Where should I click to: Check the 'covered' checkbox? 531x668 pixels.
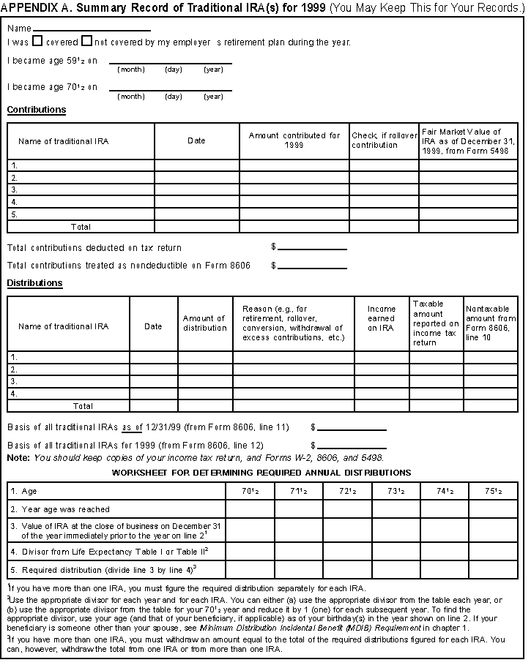pyautogui.click(x=38, y=42)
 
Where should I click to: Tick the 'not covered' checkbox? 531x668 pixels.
pyautogui.click(x=86, y=42)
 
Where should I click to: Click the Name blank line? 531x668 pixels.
pyautogui.click(x=92, y=29)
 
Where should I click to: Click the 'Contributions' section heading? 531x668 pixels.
pyautogui.click(x=37, y=110)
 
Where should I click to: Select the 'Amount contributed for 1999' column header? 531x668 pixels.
pyautogui.click(x=294, y=140)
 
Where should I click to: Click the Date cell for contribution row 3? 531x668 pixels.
pyautogui.click(x=196, y=189)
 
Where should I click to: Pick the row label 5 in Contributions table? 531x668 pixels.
pyautogui.click(x=15, y=214)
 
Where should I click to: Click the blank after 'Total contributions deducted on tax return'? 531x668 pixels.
pyautogui.click(x=312, y=247)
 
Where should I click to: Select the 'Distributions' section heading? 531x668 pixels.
pyautogui.click(x=35, y=283)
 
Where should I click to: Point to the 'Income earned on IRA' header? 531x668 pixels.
pyautogui.click(x=381, y=318)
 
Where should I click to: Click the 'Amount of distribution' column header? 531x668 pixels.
pyautogui.click(x=205, y=323)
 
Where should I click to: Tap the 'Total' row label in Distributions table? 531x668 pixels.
pyautogui.click(x=83, y=405)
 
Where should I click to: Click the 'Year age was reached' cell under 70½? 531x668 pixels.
pyautogui.click(x=249, y=509)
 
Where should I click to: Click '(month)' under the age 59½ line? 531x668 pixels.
pyautogui.click(x=131, y=70)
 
